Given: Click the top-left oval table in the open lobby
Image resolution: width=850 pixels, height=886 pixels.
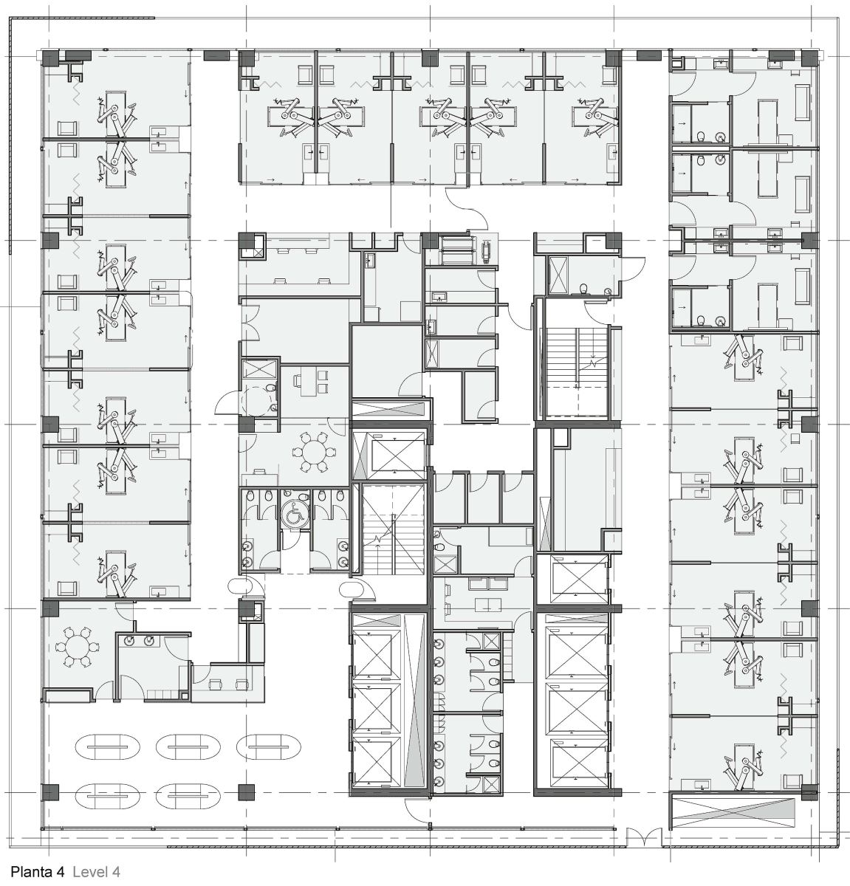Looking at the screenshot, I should point(107,747).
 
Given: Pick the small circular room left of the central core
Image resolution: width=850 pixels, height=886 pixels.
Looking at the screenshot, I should point(259,399).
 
